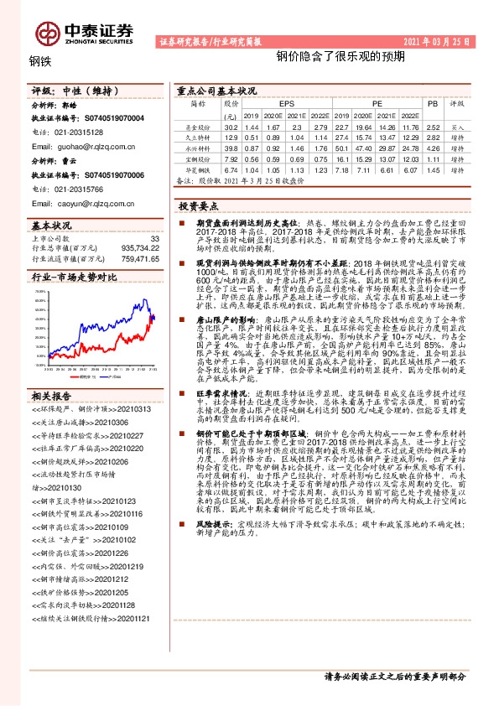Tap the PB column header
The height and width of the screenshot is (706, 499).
tap(433, 104)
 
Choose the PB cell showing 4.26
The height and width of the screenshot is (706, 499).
tap(433, 147)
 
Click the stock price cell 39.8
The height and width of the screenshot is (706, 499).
tap(231, 147)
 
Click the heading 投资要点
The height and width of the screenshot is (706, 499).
tap(199, 205)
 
